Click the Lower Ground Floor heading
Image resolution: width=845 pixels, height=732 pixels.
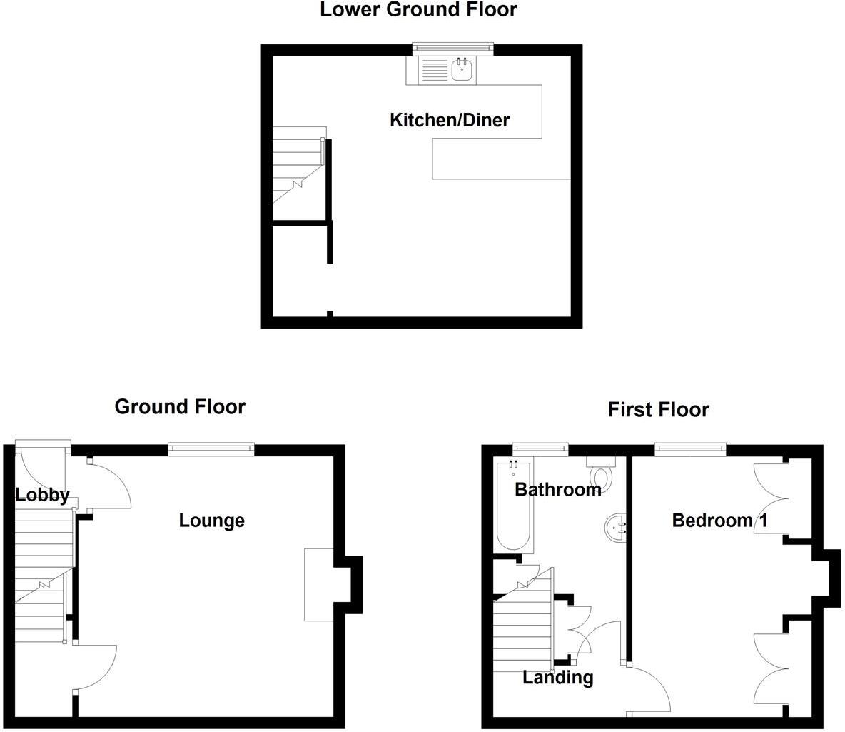(418, 10)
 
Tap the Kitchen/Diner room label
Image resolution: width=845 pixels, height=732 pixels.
(450, 120)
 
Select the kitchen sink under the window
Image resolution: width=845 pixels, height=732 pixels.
(463, 69)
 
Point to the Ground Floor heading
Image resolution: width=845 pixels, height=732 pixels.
(180, 407)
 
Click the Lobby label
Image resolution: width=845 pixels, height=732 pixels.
(42, 495)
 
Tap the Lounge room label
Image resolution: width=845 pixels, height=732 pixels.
(211, 521)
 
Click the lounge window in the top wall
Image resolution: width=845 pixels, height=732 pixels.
(211, 448)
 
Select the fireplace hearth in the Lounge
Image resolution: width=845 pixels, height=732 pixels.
(319, 584)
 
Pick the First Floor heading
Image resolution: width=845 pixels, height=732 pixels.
(658, 410)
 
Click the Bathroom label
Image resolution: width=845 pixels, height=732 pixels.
(558, 490)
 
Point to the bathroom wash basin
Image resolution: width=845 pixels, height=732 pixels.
(615, 527)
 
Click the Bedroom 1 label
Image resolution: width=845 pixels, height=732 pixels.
(719, 521)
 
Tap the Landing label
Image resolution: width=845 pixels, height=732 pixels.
(558, 677)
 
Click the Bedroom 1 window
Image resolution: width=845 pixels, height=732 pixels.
(691, 448)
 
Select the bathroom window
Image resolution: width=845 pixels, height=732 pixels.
(541, 448)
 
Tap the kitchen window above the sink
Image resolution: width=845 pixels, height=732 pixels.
(453, 48)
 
